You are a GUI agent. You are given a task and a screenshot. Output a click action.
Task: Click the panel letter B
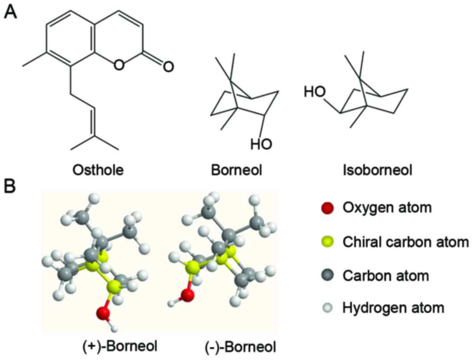pyautogui.click(x=11, y=186)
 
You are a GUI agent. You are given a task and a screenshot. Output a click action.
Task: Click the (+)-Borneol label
pyautogui.click(x=121, y=346)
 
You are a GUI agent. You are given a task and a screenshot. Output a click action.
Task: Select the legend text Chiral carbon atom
pyautogui.click(x=405, y=242)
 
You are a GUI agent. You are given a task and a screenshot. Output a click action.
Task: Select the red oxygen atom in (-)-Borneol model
pyautogui.click(x=188, y=295)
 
